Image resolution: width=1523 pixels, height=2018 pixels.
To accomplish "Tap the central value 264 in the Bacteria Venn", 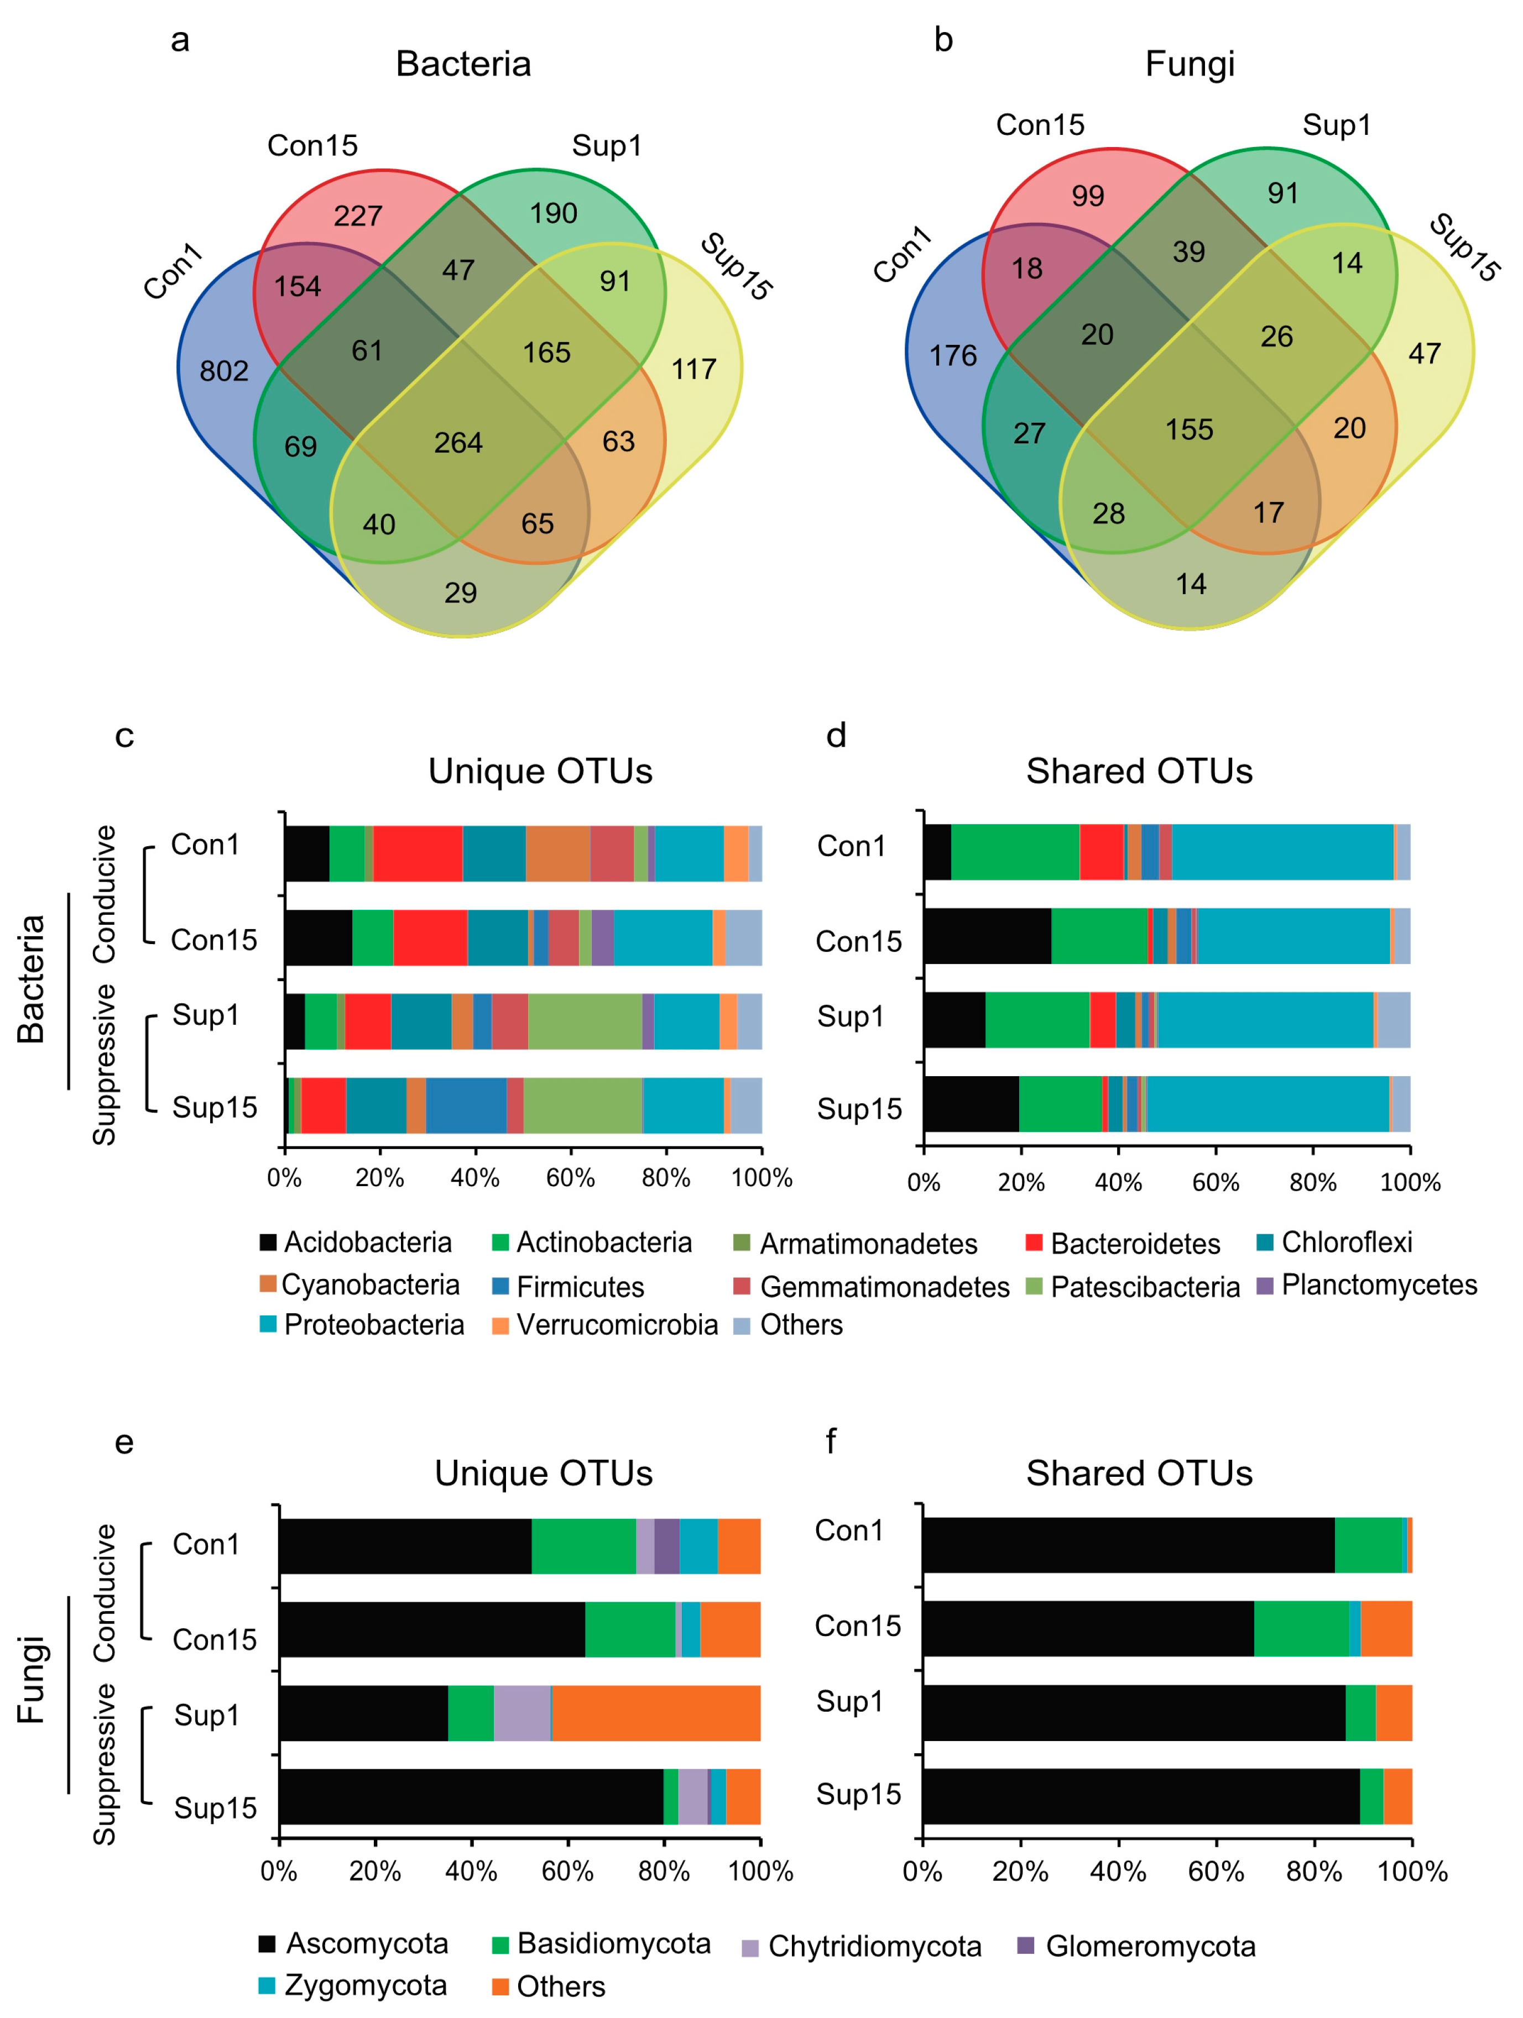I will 458,443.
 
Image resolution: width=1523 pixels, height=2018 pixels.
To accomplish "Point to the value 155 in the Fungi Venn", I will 1189,429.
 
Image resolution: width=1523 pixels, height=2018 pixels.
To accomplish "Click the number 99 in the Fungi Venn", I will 1088,195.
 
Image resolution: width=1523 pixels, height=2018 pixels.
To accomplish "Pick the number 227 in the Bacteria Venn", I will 358,216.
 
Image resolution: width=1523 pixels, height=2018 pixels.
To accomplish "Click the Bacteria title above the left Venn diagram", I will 463,64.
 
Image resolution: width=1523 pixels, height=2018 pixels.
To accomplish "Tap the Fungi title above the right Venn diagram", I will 1190,64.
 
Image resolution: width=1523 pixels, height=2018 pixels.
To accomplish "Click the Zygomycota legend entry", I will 354,1985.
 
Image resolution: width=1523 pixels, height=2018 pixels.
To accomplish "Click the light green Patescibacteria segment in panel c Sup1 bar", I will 584,1022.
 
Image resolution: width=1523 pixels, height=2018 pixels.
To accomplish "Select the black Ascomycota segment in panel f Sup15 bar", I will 1141,1797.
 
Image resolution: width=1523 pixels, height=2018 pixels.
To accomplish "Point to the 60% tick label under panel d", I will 1216,1183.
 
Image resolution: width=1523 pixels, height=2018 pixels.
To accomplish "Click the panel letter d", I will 836,735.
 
